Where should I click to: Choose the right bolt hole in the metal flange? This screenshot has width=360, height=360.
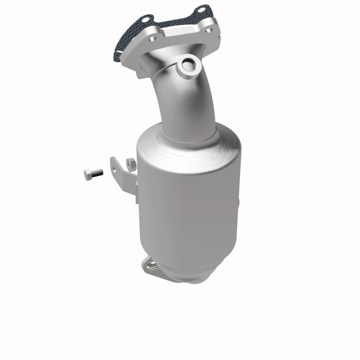(208, 31)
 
